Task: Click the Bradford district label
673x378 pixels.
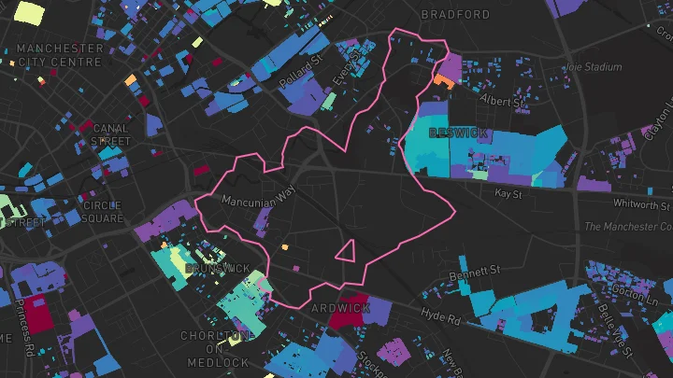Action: click(455, 15)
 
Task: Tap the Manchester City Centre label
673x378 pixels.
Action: click(60, 54)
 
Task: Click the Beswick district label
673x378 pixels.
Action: click(458, 133)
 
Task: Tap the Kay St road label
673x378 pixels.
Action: click(508, 193)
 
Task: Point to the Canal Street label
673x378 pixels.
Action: click(111, 135)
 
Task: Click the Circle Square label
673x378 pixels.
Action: click(102, 212)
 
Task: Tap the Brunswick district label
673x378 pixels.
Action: click(218, 269)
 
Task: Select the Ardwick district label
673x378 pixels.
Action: click(340, 308)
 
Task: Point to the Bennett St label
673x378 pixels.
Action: click(475, 271)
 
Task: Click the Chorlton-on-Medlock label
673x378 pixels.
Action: click(217, 349)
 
